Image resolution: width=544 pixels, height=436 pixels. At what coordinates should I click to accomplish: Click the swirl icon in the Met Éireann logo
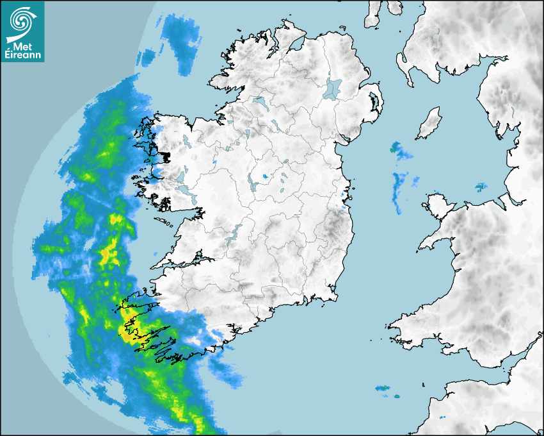click(x=22, y=20)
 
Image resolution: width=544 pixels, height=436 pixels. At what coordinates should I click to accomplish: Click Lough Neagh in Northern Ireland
click(x=333, y=88)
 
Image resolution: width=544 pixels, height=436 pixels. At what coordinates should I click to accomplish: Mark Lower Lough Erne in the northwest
click(x=260, y=101)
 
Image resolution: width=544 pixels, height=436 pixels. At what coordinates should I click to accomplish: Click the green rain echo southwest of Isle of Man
click(x=393, y=150)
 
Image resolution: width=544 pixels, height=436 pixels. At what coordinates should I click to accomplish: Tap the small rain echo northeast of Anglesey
click(x=480, y=187)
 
